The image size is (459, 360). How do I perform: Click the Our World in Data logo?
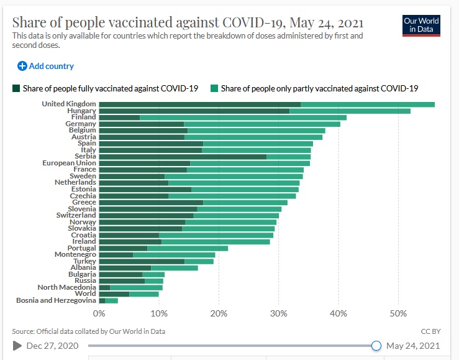[x=420, y=25]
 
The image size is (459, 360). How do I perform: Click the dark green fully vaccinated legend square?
[x=16, y=88]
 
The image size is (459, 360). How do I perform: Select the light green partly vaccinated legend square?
[x=214, y=88]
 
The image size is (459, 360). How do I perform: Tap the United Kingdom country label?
[x=69, y=104]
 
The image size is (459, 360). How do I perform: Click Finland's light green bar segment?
[x=243, y=117]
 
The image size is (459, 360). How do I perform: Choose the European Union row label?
[x=69, y=163]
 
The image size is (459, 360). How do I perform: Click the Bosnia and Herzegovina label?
[x=57, y=300]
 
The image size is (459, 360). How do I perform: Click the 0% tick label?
[x=99, y=314]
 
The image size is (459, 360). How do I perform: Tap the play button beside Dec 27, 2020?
[x=17, y=346]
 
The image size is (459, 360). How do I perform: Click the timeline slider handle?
[x=376, y=346]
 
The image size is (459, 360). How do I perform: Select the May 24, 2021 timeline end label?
[x=413, y=346]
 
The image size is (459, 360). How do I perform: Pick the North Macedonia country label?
[x=66, y=287]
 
